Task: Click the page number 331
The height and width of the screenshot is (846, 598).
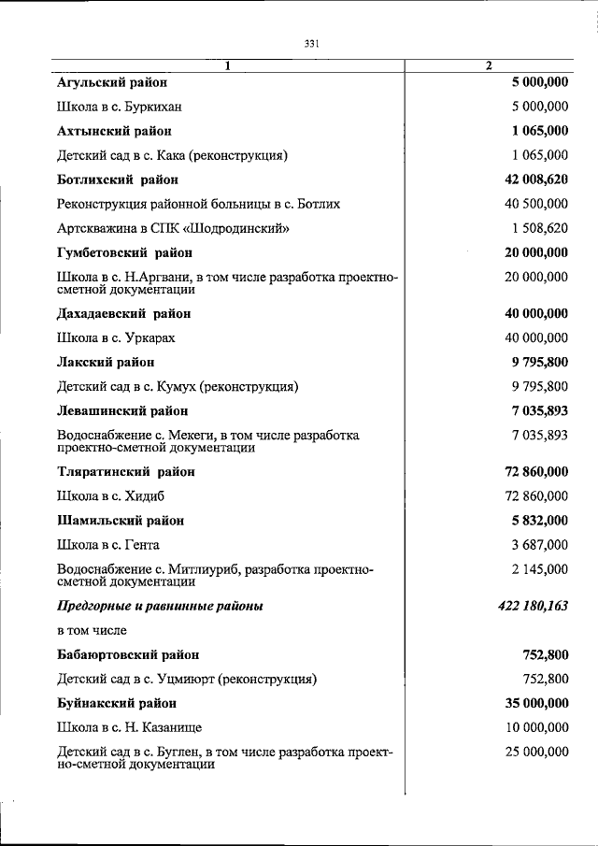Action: (312, 43)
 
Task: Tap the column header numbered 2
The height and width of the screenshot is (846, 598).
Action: (488, 65)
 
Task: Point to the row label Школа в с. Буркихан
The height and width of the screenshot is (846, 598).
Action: (119, 107)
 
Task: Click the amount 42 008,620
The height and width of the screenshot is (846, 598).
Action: (530, 179)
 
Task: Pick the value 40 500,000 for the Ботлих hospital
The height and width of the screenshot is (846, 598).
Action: (531, 203)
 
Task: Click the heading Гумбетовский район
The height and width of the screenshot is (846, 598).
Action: (124, 252)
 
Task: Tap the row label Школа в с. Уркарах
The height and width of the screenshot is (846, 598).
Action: (116, 337)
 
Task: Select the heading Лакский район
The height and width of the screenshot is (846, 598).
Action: (106, 362)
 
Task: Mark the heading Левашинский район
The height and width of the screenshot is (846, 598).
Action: (122, 410)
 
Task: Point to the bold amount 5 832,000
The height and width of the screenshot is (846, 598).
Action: (536, 520)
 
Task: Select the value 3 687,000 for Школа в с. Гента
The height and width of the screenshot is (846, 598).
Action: (536, 544)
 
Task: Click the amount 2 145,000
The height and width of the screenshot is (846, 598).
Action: (536, 568)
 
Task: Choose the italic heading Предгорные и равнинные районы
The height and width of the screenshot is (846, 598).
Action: (160, 606)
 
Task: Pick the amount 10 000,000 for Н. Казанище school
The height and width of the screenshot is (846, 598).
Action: (531, 726)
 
